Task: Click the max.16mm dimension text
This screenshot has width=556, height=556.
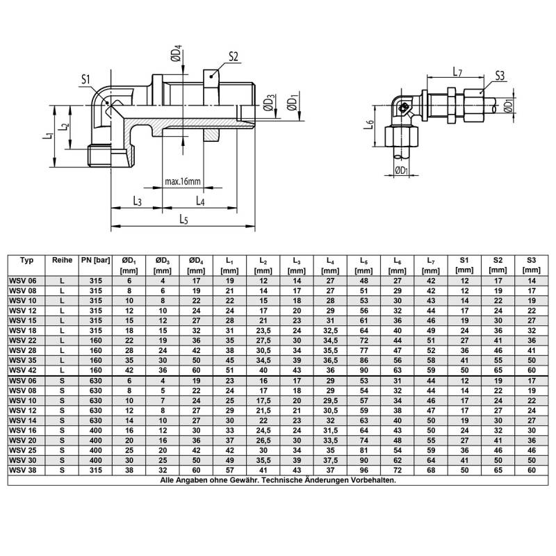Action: [x=183, y=181]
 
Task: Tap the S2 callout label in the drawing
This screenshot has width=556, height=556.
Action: [x=234, y=56]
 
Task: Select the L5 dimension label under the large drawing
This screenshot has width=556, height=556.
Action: [x=183, y=220]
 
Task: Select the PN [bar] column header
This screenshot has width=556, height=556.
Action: [x=96, y=261]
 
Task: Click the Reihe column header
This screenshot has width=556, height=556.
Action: [x=63, y=261]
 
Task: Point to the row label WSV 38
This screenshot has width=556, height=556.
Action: [x=23, y=471]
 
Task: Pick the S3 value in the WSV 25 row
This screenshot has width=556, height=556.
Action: [x=531, y=451]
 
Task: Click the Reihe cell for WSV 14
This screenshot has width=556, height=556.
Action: [x=63, y=422]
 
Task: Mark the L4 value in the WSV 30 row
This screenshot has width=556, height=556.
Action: [x=329, y=461]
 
